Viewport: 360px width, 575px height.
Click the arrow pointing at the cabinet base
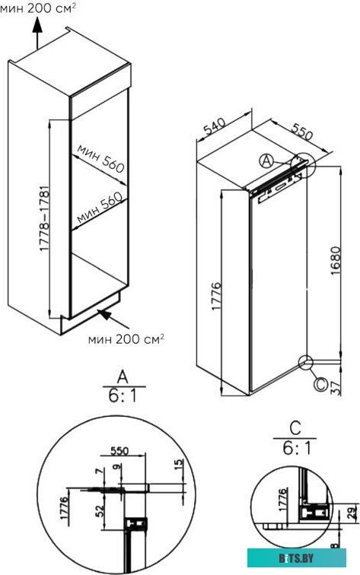104,316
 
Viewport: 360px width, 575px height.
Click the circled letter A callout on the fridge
266,160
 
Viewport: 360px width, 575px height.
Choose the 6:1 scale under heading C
295,449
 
